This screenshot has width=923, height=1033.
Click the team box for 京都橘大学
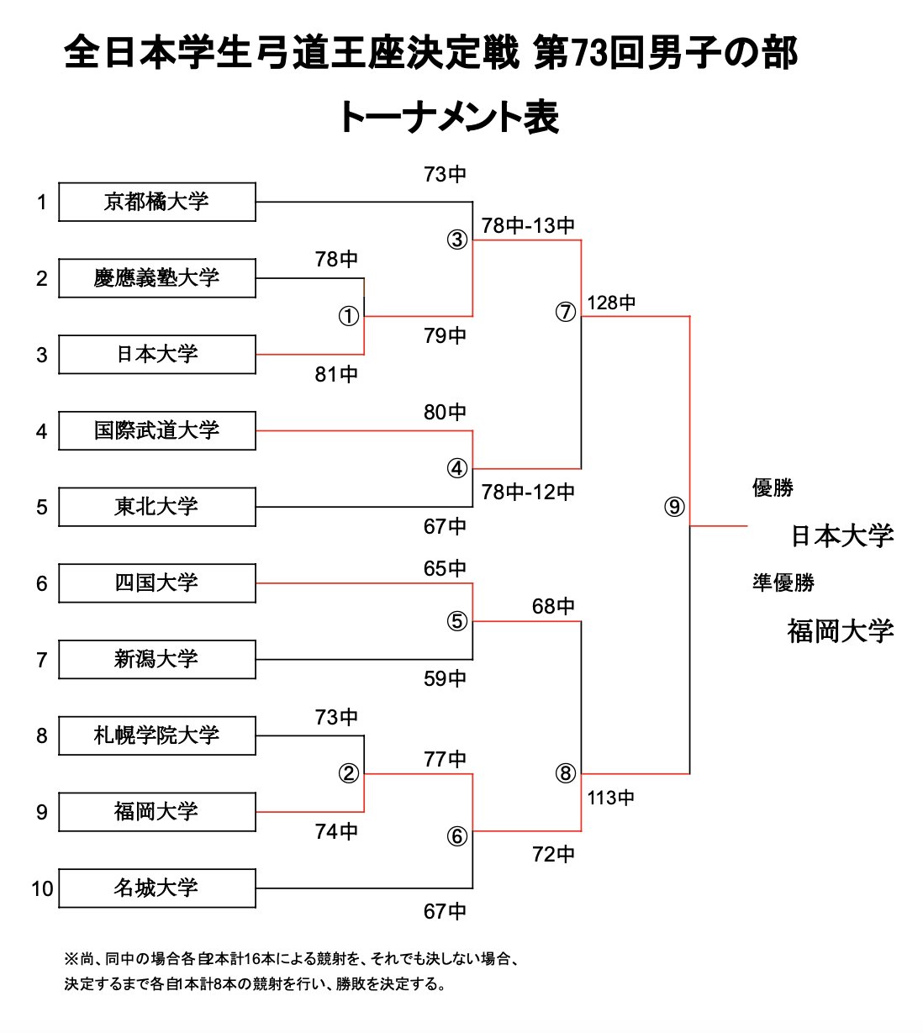pyautogui.click(x=156, y=202)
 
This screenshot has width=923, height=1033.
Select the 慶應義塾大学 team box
pyautogui.click(x=156, y=278)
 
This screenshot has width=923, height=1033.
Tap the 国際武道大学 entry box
pyautogui.click(x=156, y=430)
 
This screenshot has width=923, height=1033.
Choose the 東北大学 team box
pyautogui.click(x=156, y=507)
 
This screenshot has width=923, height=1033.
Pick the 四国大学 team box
pyautogui.click(x=156, y=583)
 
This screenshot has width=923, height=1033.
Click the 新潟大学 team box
pyautogui.click(x=156, y=659)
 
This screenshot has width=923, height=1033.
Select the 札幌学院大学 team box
pyautogui.click(x=156, y=735)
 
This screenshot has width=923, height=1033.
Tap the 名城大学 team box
pyautogui.click(x=156, y=888)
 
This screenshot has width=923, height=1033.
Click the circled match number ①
pyautogui.click(x=348, y=317)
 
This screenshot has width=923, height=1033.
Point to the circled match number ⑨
pyautogui.click(x=674, y=507)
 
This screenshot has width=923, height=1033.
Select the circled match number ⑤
pyautogui.click(x=456, y=621)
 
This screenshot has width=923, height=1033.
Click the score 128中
pyautogui.click(x=611, y=303)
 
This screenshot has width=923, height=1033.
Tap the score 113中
pyautogui.click(x=611, y=798)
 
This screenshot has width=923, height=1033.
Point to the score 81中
pyautogui.click(x=336, y=374)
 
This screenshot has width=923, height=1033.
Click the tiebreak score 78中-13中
pyautogui.click(x=528, y=225)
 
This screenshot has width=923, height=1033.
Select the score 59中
pyautogui.click(x=445, y=678)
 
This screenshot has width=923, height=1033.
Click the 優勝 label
pyautogui.click(x=773, y=488)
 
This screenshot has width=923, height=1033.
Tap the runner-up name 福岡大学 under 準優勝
pyautogui.click(x=840, y=630)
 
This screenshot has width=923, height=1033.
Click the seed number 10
pyautogui.click(x=42, y=888)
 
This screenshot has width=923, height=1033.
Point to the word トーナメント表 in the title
pyautogui.click(x=449, y=118)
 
